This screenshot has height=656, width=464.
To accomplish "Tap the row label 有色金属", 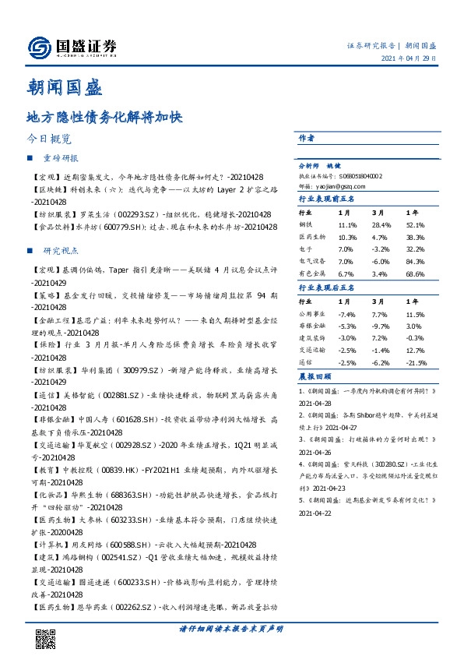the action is (x=311, y=274).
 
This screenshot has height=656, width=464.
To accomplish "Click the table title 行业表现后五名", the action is (x=326, y=287).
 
